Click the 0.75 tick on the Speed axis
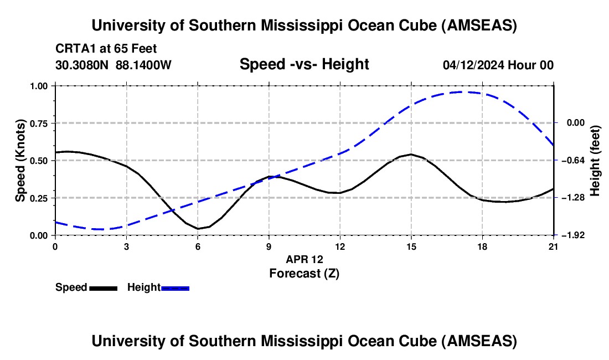pos(40,123)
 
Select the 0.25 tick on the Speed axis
pos(40,198)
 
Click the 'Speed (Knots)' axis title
pos(20,161)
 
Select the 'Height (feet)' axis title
pos(596,161)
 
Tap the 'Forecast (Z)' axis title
pos(304,273)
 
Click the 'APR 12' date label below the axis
pos(304,259)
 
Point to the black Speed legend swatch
pos(103,287)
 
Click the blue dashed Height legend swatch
pos(175,287)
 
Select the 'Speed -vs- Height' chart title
pos(304,65)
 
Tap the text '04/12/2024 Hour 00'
pos(498,65)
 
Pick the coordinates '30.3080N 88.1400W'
pos(113,65)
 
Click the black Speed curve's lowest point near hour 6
pos(198,228)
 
